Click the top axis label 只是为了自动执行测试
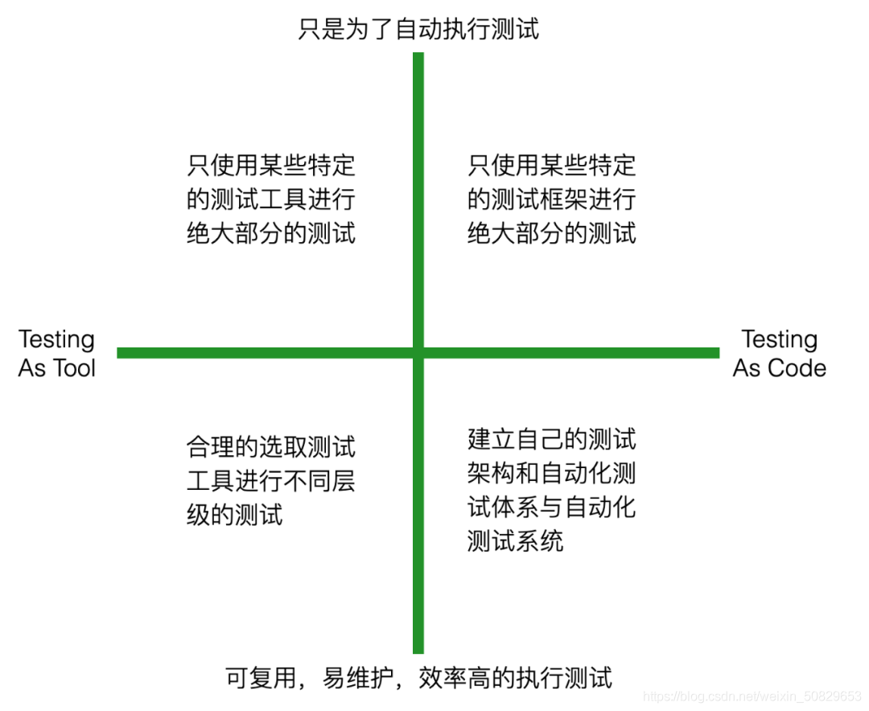pyautogui.click(x=418, y=30)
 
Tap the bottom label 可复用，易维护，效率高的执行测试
pyautogui.click(x=418, y=677)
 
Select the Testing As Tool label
pyautogui.click(x=56, y=354)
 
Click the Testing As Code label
pyautogui.click(x=779, y=354)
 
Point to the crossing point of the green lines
pyautogui.click(x=418, y=352)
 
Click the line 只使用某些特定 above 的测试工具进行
pyautogui.click(x=271, y=166)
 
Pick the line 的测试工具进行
pyautogui.click(x=271, y=199)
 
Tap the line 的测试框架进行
pyautogui.click(x=552, y=199)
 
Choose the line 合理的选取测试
pyautogui.click(x=271, y=446)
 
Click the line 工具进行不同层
pyautogui.click(x=271, y=481)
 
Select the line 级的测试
pyautogui.click(x=235, y=515)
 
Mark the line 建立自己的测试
pyautogui.click(x=552, y=439)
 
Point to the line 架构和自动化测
pyautogui.click(x=552, y=473)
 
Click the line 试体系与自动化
pyautogui.click(x=552, y=508)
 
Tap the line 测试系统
pyautogui.click(x=516, y=541)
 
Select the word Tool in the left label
pyautogui.click(x=74, y=368)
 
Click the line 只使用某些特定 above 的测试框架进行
pyautogui.click(x=552, y=166)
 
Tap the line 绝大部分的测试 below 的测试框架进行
pyautogui.click(x=552, y=233)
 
